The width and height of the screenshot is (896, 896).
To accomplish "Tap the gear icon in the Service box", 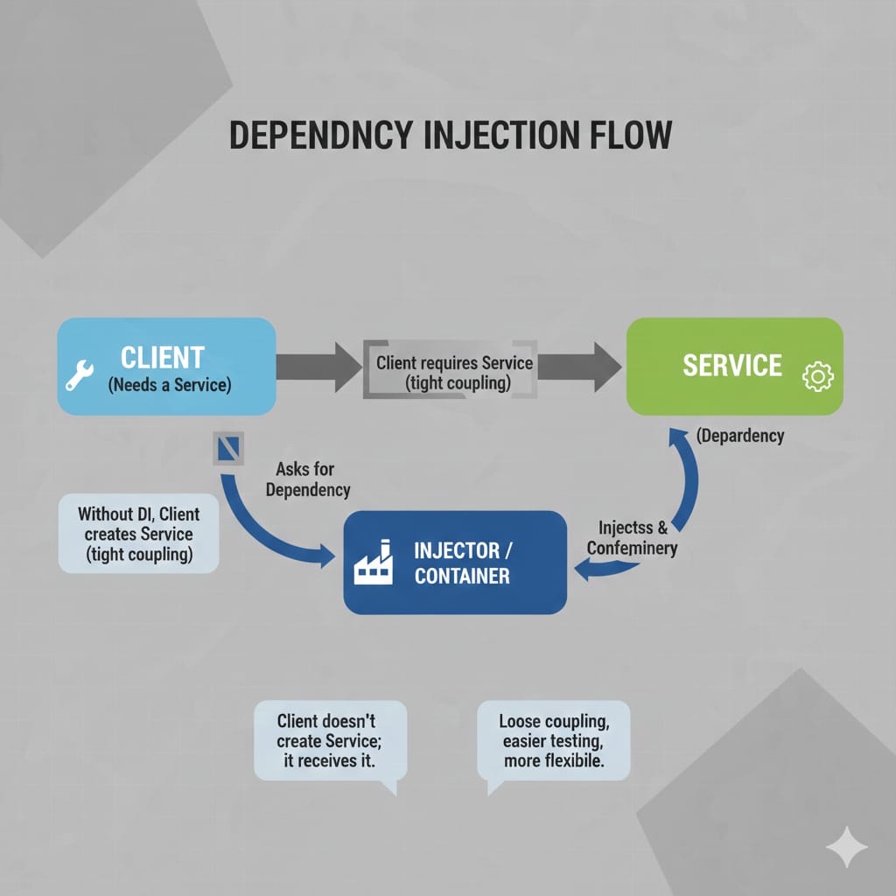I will coord(817,377).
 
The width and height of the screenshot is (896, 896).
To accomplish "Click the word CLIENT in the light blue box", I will coord(162,357).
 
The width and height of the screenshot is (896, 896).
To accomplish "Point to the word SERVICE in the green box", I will coord(731,365).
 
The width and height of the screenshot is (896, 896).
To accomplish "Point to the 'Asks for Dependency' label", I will coord(306,479).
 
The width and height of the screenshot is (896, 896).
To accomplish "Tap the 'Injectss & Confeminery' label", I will coord(633,538).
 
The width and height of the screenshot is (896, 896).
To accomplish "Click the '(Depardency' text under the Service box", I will coord(740,435).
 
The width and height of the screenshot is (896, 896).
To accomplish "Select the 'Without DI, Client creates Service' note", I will coord(138,534).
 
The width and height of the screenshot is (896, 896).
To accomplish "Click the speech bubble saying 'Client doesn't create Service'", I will coord(330,740).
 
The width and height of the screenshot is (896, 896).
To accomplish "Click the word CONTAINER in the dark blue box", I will coord(461,576).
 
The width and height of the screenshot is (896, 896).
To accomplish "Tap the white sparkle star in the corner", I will coord(847,847).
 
